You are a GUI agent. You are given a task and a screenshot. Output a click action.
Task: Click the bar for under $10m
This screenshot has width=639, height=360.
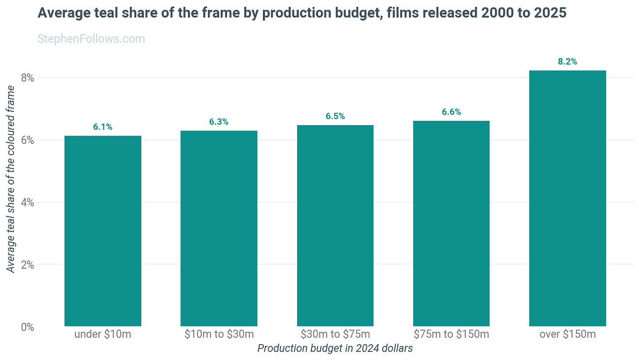coord(103,231)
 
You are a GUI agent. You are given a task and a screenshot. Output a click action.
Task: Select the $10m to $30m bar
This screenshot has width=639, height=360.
coord(219,228)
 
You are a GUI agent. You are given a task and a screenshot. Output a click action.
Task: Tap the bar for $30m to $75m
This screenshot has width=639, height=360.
coord(335,225)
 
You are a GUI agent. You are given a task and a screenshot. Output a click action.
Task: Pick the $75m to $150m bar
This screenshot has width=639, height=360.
coord(451,223)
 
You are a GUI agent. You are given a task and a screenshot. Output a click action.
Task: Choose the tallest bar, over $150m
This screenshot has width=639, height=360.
coord(567,198)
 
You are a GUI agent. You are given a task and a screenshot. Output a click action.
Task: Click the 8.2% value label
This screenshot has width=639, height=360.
coord(567,61)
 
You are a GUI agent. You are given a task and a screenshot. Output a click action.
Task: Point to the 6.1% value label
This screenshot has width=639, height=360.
coord(103,127)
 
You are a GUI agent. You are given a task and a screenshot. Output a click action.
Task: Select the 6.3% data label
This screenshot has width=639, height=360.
coord(219,122)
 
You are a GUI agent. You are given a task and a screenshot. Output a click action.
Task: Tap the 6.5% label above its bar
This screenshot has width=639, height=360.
coord(335,116)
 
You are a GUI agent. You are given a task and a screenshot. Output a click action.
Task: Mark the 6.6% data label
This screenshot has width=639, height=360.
coord(451,112)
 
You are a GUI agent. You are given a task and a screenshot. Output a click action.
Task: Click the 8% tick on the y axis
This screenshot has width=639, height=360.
coord(27,78)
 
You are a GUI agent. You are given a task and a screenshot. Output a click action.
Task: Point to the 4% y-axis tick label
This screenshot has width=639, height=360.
coord(27,202)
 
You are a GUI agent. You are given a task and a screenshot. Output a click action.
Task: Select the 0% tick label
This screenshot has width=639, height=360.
coord(27,327)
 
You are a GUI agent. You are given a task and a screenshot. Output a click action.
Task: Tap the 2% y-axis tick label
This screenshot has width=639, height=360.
coord(27,265)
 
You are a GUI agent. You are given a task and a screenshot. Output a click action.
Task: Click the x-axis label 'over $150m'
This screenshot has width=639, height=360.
coord(568,334)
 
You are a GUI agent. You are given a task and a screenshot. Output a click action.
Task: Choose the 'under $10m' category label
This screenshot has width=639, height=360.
coord(103,334)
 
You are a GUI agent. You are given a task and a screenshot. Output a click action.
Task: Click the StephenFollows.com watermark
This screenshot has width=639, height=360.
coord(91,39)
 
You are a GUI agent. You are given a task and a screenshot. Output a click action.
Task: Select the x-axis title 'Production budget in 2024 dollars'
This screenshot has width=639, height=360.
coord(335,348)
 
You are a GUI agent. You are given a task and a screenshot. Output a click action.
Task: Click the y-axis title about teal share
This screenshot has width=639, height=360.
coord(11,179)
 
